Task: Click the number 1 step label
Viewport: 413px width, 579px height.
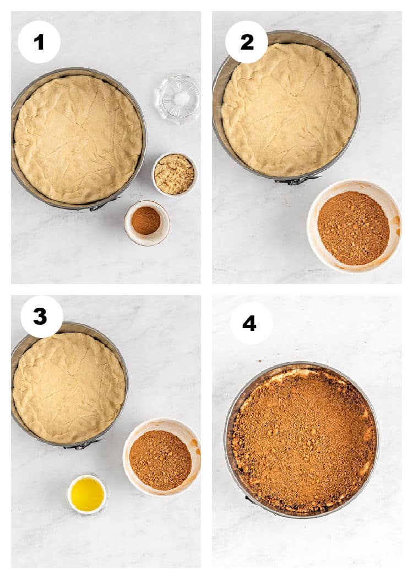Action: click(x=39, y=42)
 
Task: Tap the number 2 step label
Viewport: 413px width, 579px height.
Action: click(x=246, y=42)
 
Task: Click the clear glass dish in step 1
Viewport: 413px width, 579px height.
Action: click(x=178, y=99)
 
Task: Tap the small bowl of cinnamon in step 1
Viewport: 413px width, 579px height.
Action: click(x=147, y=223)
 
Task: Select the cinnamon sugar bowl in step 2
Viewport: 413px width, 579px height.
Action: click(x=354, y=226)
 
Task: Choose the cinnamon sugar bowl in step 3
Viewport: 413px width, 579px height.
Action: click(x=161, y=457)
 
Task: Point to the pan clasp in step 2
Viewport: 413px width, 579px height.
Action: click(x=297, y=180)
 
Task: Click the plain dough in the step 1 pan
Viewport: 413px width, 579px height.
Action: click(x=78, y=139)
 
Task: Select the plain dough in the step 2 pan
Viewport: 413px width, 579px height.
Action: click(x=289, y=110)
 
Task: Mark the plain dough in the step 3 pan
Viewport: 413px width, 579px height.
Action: click(x=69, y=388)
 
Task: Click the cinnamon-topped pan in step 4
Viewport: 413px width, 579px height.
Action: click(x=302, y=439)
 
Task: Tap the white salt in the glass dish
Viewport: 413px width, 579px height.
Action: click(x=180, y=98)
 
